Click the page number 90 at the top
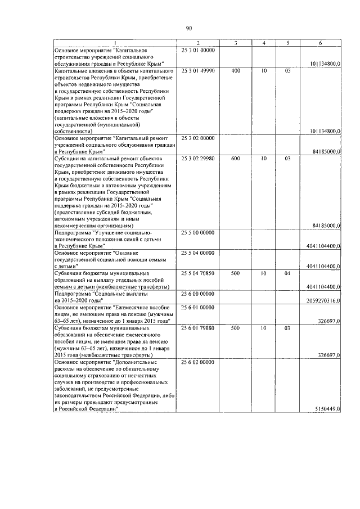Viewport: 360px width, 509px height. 189,29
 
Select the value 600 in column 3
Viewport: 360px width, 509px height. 235,159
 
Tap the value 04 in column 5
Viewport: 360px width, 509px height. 287,273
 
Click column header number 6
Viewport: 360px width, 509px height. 320,43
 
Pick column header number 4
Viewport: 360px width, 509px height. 263,43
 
